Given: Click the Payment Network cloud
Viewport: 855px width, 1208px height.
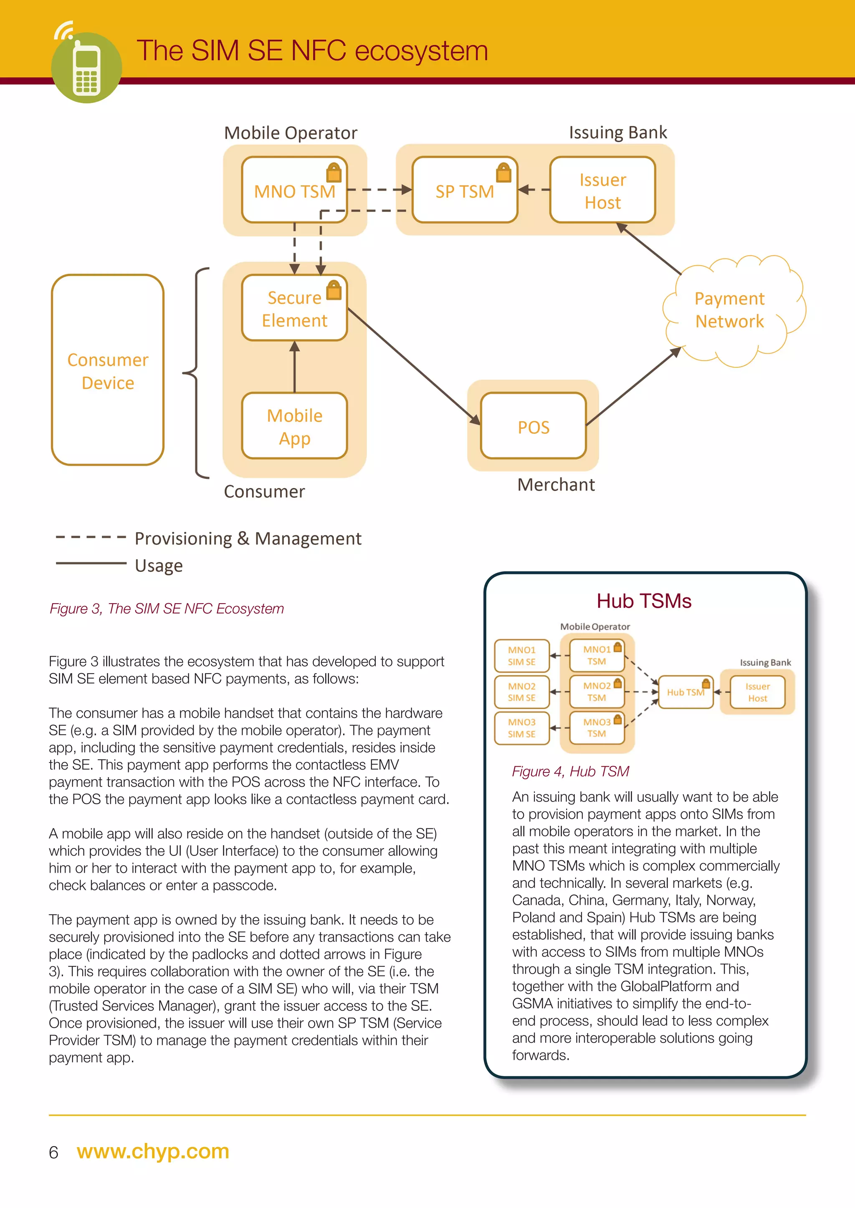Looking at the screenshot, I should pos(729,310).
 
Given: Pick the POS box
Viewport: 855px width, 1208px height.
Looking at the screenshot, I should pos(533,426).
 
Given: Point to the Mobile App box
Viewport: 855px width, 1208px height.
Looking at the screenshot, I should pos(294,426).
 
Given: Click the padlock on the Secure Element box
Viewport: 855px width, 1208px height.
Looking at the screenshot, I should pos(334,290).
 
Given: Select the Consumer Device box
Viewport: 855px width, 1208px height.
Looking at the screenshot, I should pos(108,370).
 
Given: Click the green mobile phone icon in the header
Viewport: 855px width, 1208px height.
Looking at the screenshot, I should pos(86,67).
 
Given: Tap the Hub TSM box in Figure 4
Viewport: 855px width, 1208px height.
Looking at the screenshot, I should pos(685,692).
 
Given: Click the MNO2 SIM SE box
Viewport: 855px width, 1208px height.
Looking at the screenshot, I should pos(521,692).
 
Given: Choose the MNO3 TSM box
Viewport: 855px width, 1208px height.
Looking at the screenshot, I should pos(597,727).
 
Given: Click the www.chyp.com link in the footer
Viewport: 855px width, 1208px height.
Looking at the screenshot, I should pos(153,1151).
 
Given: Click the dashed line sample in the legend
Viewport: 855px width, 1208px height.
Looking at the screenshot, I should pos(91,537).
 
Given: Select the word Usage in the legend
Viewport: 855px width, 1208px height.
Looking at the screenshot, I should pos(159,566).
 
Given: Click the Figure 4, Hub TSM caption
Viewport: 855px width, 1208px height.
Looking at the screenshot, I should pos(570,771).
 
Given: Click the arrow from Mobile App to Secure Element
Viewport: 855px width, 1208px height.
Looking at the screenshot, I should pos(294,367).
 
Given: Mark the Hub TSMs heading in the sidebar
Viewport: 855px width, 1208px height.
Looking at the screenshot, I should pos(643,601).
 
